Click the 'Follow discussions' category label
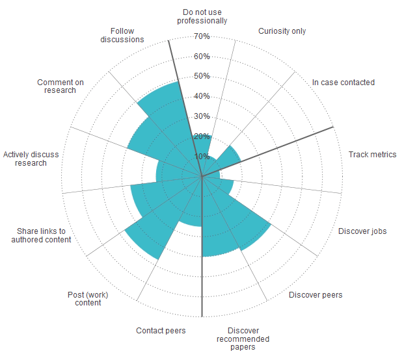122,35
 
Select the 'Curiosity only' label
282,31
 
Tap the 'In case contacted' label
343,83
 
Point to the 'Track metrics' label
372,155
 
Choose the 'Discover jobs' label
362,231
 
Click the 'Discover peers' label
316,295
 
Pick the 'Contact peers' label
161,331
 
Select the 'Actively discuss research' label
31,159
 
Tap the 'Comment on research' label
61,86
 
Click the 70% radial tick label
202,36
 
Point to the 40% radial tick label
202,96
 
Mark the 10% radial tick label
202,157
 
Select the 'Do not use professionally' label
202,16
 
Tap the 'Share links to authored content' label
42,235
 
